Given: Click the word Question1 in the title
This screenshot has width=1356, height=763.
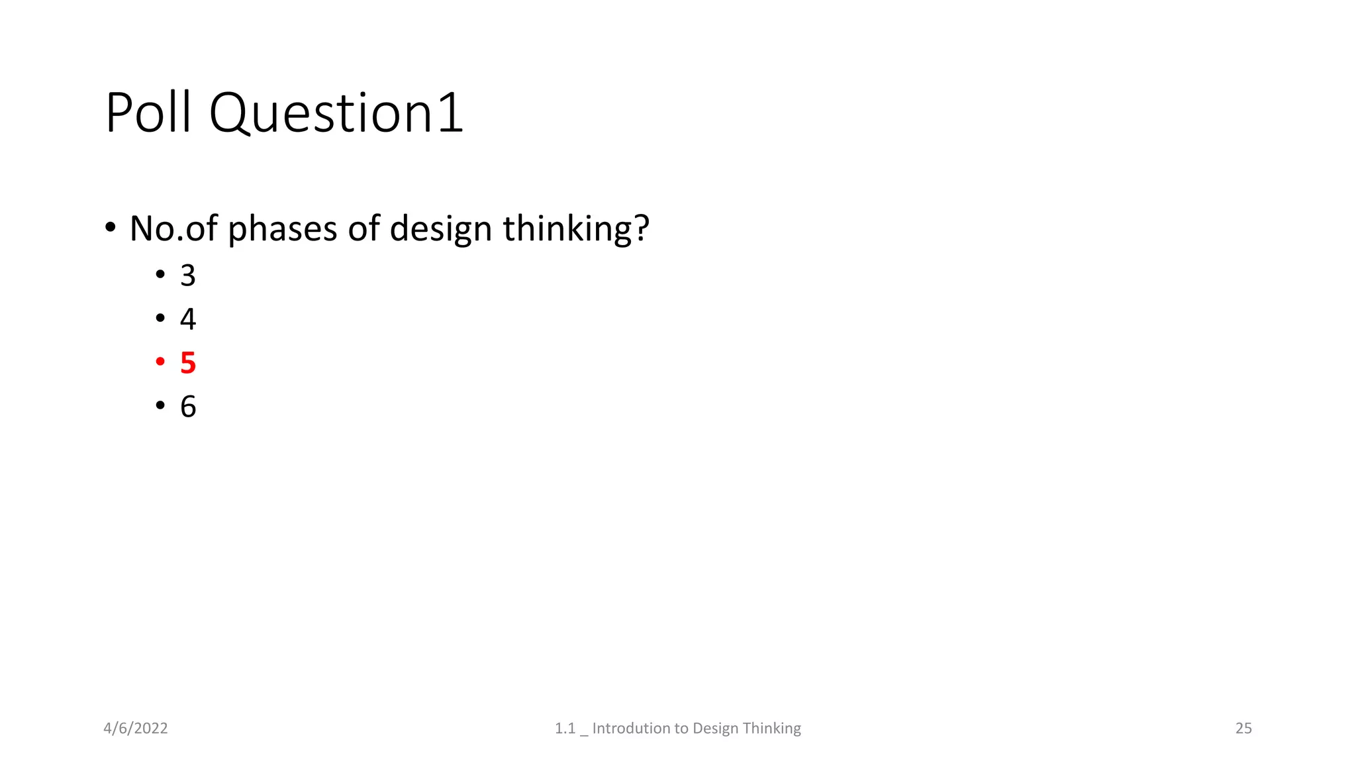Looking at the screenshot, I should click(336, 114).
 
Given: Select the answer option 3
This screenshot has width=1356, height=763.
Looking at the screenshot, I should click(188, 276).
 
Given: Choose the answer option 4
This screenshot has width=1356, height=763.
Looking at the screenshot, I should click(188, 319).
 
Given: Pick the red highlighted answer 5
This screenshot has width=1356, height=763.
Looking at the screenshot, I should click(188, 363).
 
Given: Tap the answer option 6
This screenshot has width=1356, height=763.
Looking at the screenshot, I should click(188, 407).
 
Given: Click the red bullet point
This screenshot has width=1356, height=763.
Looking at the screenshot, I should click(160, 362).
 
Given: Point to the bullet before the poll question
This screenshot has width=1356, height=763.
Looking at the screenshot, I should click(111, 228).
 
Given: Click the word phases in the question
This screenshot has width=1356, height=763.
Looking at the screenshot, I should click(283, 229).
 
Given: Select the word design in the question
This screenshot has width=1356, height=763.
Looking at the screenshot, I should click(440, 229).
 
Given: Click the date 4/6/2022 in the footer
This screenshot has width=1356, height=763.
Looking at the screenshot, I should click(136, 729).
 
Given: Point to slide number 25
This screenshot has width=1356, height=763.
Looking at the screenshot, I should click(1243, 729).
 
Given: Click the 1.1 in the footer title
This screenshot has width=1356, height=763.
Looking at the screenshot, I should click(565, 729).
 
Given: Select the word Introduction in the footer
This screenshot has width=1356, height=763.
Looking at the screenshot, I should click(640, 729).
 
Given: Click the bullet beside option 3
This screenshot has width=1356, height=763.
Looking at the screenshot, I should click(160, 274).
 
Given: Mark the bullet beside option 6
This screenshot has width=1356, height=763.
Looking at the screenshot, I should click(160, 405).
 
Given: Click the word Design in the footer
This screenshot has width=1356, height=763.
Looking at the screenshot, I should click(716, 729).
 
